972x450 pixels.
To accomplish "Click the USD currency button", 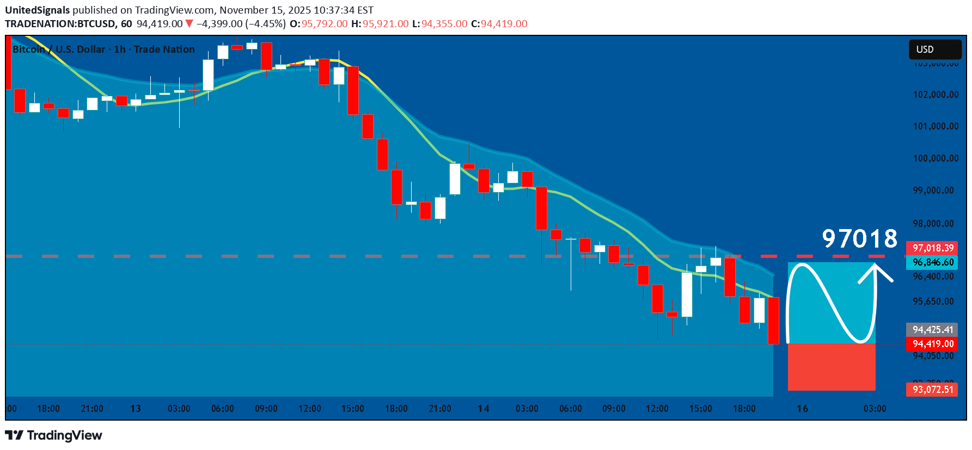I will point(934,50).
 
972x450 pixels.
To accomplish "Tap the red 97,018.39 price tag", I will point(933,248).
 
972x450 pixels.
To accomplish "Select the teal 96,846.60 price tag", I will point(933,262).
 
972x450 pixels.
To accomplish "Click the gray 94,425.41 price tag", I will point(933,330).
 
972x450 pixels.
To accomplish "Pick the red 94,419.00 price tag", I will point(933,344).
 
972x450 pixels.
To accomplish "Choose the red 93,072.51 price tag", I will point(933,390).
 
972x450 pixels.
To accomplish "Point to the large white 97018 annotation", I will point(859,238).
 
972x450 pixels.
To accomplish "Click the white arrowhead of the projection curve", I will point(875,267).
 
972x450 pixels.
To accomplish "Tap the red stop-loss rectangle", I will point(832,367).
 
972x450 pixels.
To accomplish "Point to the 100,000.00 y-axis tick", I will point(936,158).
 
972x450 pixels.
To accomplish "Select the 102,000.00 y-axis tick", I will point(936,95).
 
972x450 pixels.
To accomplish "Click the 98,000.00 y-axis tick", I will point(936,224).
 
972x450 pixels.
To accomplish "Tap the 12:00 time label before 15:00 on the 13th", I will point(309,409).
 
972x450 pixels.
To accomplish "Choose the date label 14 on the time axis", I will point(483,409).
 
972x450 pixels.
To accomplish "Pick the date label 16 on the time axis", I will point(802,409).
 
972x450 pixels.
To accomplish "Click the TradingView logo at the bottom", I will point(54,435).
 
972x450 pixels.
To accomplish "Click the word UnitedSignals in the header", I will point(38,10).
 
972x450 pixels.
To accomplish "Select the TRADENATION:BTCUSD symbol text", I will point(60,24).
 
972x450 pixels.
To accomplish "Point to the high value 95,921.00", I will point(386,24).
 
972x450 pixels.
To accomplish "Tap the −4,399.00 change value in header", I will point(219,24).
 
